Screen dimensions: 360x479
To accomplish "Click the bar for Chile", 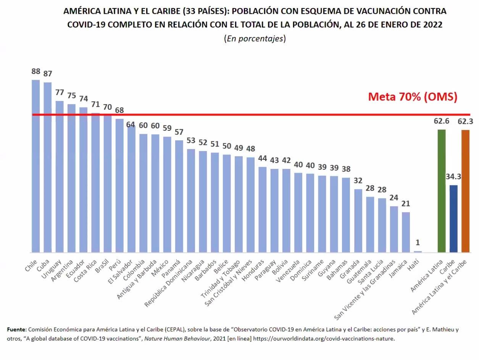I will pyautogui.click(x=35, y=166).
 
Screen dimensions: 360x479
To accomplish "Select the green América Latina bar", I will pyautogui.click(x=441, y=191).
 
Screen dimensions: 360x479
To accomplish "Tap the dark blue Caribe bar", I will pyautogui.click(x=453, y=219).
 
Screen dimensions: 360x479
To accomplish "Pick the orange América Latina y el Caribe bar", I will pyautogui.click(x=465, y=191).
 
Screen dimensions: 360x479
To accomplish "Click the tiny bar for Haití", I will pyautogui.click(x=418, y=251).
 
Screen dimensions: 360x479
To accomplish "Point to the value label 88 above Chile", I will pyautogui.click(x=36, y=72).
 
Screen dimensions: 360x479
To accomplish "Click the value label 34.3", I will pyautogui.click(x=453, y=177).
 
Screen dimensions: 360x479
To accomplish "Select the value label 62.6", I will pyautogui.click(x=441, y=121).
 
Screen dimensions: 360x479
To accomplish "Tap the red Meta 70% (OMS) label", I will pyautogui.click(x=413, y=97).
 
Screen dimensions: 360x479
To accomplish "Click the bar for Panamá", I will pyautogui.click(x=179, y=196).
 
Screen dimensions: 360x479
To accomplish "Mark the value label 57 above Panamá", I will pyautogui.click(x=179, y=132).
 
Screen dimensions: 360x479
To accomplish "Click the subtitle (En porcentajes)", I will pyautogui.click(x=255, y=39).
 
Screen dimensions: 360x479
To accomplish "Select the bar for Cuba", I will pyautogui.click(x=47, y=167).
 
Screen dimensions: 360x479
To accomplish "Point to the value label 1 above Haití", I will pyautogui.click(x=418, y=243).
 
